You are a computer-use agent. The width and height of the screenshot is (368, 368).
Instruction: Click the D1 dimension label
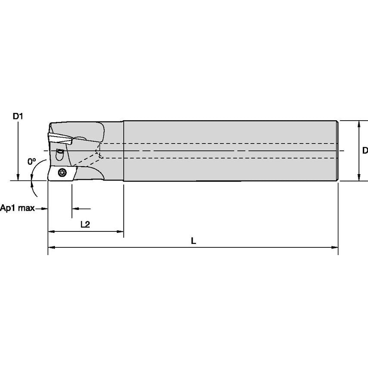18,116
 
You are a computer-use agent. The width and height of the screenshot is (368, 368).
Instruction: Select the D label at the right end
365,150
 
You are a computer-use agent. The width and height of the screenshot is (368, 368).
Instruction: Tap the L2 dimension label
85,224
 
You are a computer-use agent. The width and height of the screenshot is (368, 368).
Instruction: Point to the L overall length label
193,241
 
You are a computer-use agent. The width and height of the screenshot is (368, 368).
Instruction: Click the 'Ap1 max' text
17,209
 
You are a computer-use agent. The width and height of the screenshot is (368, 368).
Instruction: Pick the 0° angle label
31,162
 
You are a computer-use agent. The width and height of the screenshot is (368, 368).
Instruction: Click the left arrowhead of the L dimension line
50,247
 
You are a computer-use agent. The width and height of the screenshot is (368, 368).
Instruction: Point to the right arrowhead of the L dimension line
335,247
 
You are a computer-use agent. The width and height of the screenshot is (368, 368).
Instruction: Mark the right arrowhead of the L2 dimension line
121,231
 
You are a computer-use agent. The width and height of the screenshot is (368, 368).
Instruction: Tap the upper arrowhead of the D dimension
359,124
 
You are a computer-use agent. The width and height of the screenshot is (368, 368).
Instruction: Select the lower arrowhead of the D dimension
359,178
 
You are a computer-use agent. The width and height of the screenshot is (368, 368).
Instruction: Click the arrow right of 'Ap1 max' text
44,209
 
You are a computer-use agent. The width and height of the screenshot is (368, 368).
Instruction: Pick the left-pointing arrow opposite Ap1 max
75,209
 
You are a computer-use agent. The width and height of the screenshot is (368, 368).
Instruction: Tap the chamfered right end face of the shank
337,151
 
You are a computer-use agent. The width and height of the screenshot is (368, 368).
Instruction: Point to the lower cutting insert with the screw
60,173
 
